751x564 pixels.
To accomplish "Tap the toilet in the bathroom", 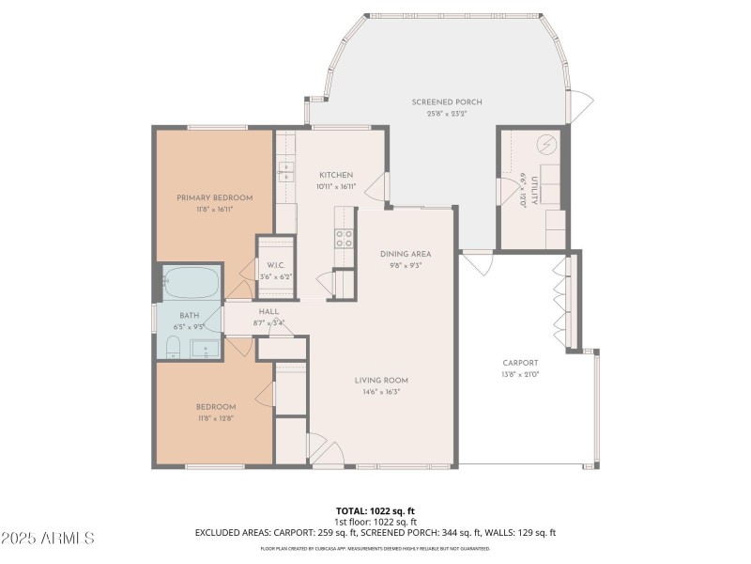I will [173, 349].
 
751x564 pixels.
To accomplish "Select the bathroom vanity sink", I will [207, 349].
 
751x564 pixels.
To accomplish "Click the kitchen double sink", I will [285, 171].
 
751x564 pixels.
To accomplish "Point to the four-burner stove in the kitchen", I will [345, 238].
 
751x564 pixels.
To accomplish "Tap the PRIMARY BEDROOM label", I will [215, 197].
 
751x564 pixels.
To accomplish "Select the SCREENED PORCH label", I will [439, 102].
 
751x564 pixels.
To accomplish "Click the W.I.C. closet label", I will [275, 265].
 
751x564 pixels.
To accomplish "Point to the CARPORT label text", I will [520, 363].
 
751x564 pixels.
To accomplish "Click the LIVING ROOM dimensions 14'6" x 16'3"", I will [381, 391].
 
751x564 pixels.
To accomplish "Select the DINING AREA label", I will [406, 254].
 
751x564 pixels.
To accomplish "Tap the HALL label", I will [269, 312].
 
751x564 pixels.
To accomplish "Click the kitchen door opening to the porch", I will [378, 186].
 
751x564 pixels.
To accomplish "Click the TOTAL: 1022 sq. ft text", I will [375, 510].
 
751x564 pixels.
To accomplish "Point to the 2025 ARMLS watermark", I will [48, 539].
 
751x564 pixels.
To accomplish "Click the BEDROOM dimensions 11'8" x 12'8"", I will [215, 417].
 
